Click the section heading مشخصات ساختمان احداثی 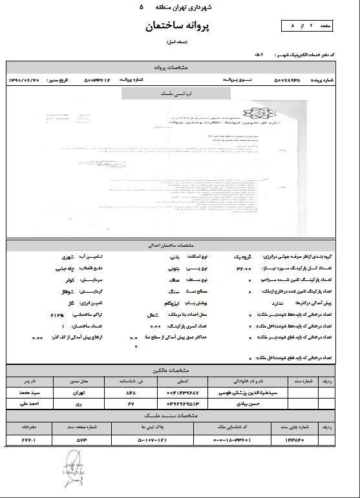[x=180, y=246]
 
